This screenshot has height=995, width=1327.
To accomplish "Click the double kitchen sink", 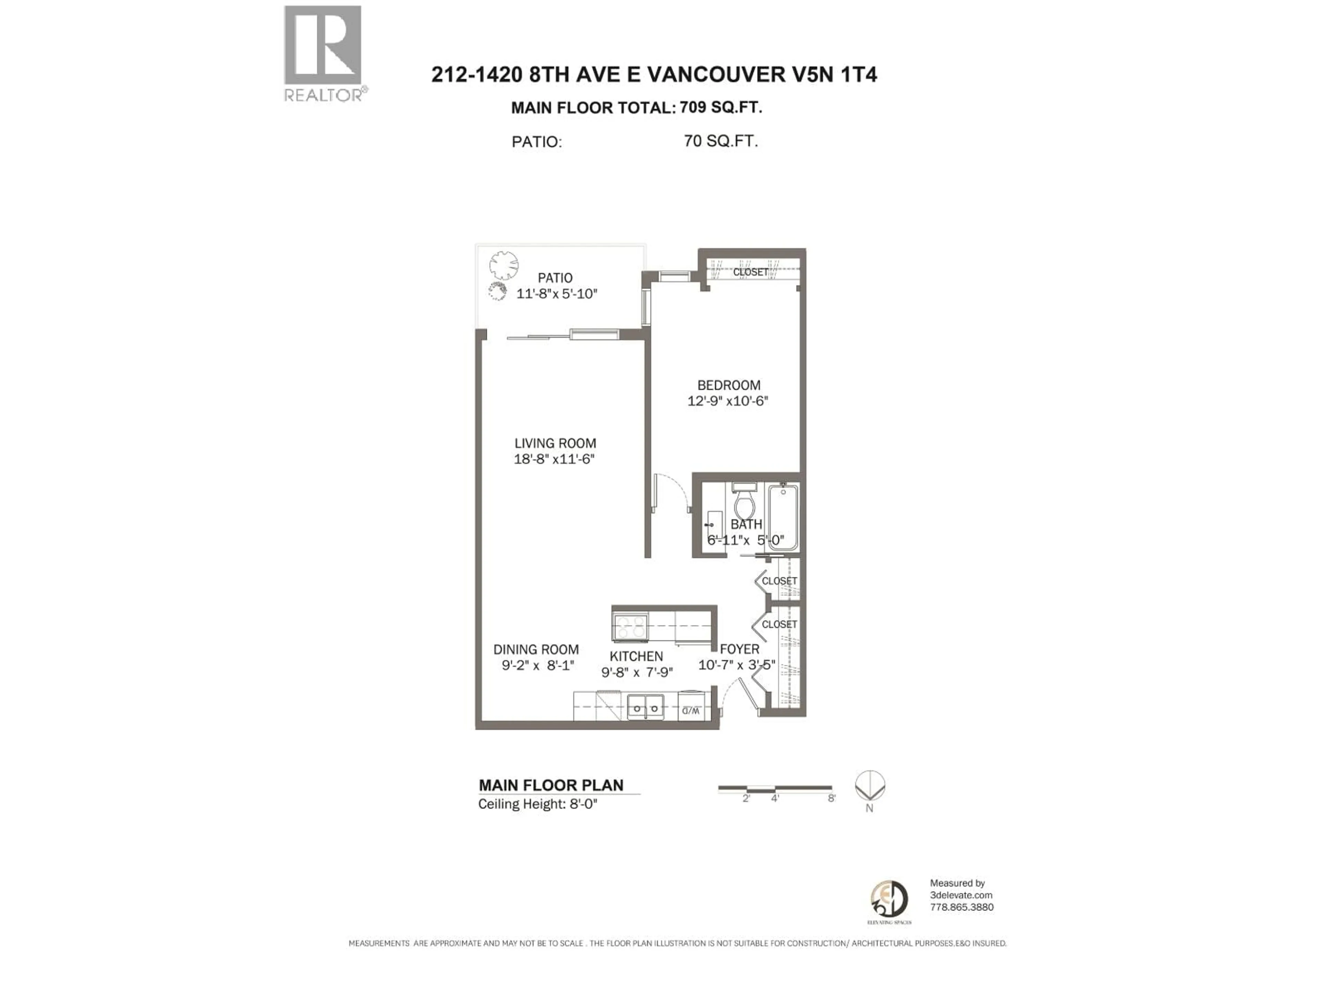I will (x=646, y=708).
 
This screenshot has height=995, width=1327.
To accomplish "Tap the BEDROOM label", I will (x=728, y=385).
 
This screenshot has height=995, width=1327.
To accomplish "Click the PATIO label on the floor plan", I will (x=555, y=278).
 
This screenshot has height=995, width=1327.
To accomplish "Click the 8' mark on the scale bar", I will (x=831, y=798).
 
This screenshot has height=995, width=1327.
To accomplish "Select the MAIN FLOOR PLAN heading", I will (x=551, y=785).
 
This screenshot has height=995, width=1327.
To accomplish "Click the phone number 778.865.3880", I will (x=962, y=907).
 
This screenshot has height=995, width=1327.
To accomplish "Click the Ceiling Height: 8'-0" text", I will (x=537, y=804).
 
